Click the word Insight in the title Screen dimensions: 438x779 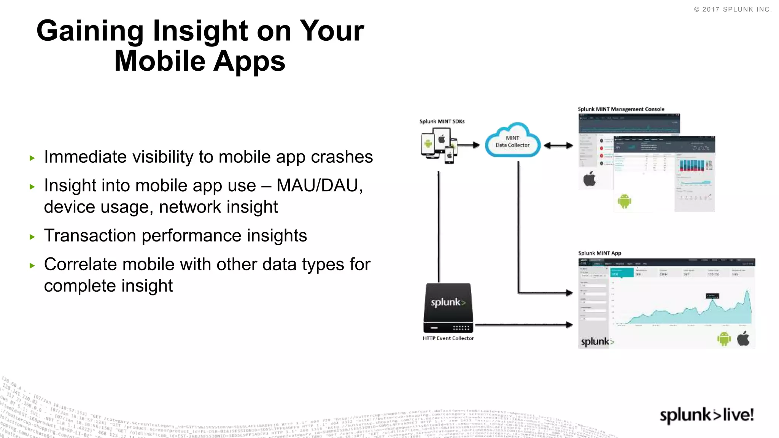point(200,31)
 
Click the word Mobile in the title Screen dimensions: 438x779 point(160,61)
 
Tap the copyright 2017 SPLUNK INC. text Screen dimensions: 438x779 point(733,10)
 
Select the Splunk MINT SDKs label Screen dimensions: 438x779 point(442,122)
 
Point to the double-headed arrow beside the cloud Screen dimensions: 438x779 point(558,145)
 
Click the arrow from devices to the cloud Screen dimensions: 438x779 point(469,145)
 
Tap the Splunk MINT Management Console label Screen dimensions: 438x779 point(621,109)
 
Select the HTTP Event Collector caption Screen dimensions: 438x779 point(448,338)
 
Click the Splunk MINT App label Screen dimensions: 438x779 point(599,253)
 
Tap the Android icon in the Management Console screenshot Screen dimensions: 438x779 point(624,201)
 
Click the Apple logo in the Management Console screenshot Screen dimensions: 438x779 point(590,179)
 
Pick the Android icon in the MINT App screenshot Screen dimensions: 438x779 point(724,338)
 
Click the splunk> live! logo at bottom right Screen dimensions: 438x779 point(707,415)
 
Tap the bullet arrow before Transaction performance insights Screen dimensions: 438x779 point(32,237)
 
